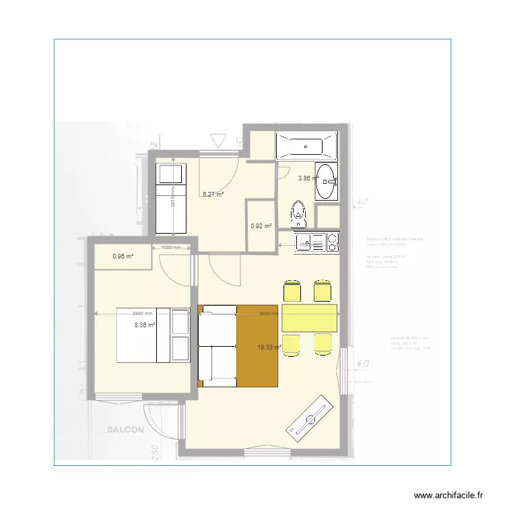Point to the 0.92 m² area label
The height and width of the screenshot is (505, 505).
pos(261,226)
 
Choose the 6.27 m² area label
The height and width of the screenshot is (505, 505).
pos(213,195)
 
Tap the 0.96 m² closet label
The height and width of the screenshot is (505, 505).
pos(123,256)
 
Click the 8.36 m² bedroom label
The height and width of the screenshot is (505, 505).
pos(145,325)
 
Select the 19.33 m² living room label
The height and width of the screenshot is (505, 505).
pos(269,347)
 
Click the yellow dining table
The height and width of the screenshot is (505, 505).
pos(310,318)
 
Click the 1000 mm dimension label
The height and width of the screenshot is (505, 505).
pos(170,247)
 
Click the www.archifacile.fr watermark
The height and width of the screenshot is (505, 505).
pos(449,495)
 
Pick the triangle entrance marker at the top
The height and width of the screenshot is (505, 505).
pos(217,141)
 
